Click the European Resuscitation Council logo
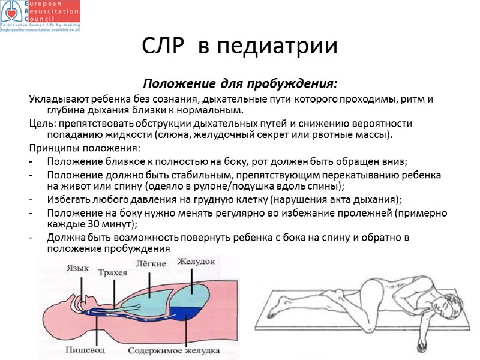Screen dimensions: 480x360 (41, 16)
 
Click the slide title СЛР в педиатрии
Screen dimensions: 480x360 (240, 46)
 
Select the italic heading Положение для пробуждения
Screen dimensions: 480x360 (239, 82)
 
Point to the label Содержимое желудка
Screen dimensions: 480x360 (177, 350)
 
